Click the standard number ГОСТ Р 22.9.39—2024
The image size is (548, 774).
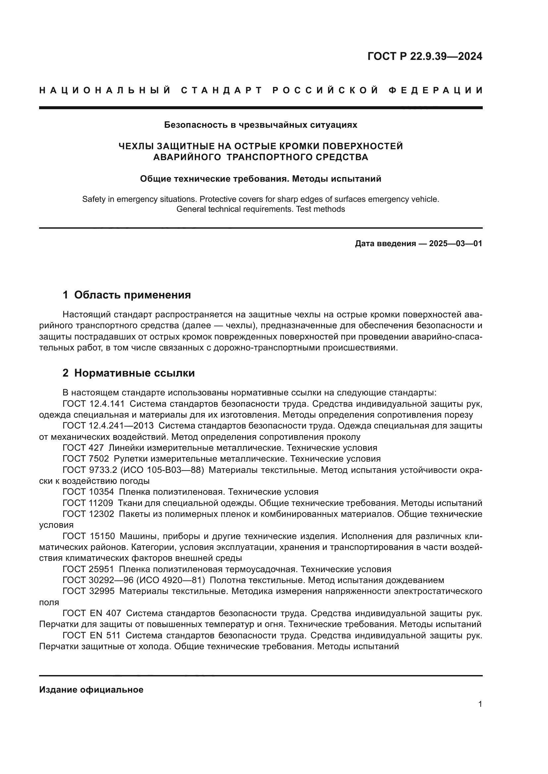click(x=424, y=56)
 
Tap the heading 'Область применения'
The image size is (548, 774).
click(x=132, y=295)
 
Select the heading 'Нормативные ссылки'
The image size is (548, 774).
click(x=134, y=373)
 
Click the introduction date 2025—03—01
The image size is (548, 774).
click(x=455, y=244)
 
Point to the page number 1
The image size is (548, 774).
click(x=480, y=704)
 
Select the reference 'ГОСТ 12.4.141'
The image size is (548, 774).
click(x=93, y=404)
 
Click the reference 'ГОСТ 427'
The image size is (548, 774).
click(x=83, y=448)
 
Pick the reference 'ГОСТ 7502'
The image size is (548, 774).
click(x=86, y=459)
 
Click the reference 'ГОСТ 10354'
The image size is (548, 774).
click(x=88, y=492)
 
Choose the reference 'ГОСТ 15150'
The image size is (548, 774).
click(x=89, y=536)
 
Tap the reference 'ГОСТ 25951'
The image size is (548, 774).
click(x=88, y=569)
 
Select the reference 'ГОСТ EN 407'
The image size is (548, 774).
click(x=92, y=613)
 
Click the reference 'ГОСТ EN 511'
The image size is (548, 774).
click(x=91, y=635)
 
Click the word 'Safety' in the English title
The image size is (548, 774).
click(x=93, y=199)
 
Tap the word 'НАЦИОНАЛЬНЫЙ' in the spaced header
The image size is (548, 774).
click(x=105, y=90)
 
